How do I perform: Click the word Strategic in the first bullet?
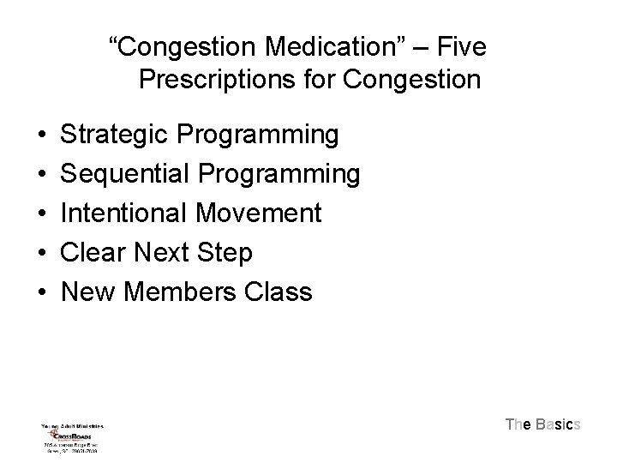117,135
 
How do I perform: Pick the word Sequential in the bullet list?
127,174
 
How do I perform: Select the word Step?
226,253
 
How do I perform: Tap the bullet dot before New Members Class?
42,293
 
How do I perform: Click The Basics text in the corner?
543,424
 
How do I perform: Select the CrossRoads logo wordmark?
73,435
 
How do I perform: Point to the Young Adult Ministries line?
71,424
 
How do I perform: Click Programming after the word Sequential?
279,174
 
